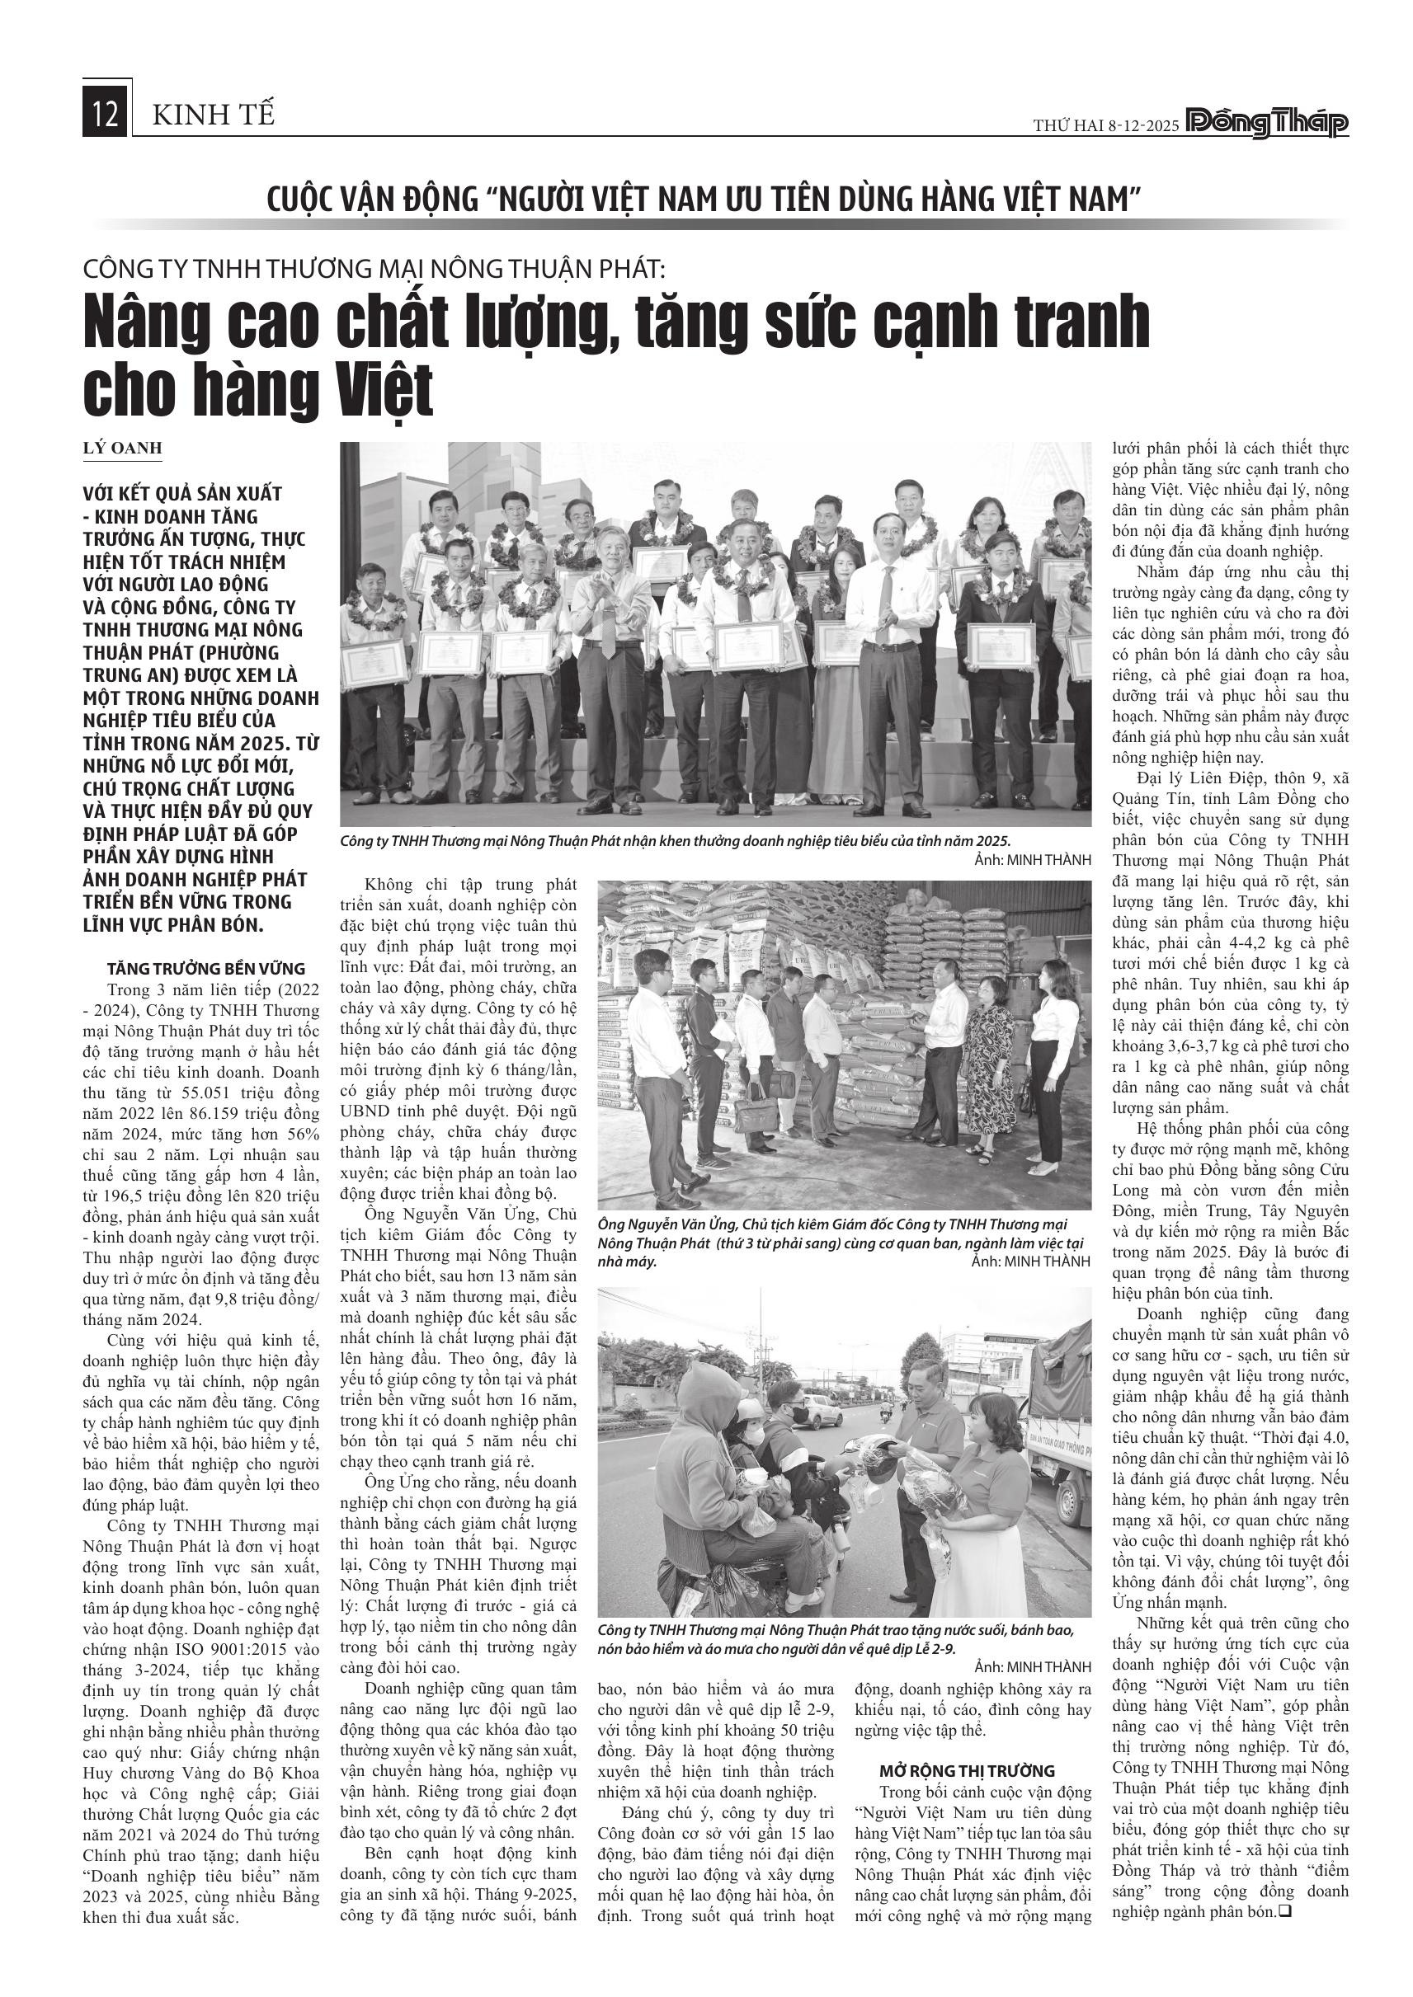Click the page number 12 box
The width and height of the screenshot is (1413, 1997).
(x=106, y=115)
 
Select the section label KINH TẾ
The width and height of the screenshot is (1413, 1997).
(x=213, y=115)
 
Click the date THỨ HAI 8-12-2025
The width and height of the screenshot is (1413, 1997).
(x=1106, y=126)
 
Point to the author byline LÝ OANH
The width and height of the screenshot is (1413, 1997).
(x=123, y=449)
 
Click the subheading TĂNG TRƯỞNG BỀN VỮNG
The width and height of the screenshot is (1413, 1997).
(x=205, y=968)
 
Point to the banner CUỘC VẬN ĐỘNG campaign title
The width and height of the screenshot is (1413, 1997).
(x=704, y=200)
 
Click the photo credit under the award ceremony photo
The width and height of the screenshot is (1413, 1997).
(x=1033, y=860)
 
